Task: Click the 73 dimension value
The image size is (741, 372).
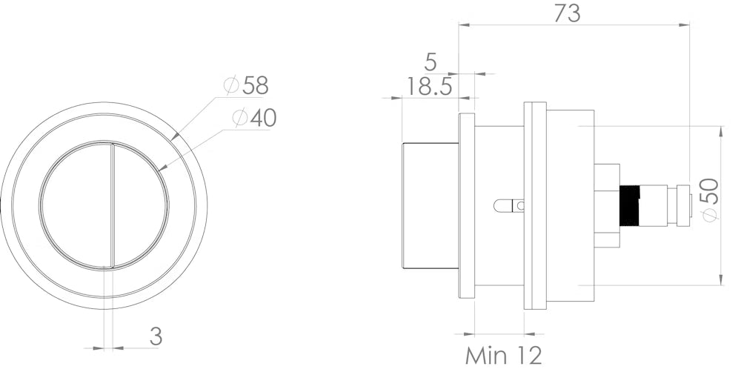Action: coord(567,13)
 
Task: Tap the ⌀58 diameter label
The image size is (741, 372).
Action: coord(246,85)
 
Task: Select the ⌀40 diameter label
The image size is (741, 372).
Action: coord(255,118)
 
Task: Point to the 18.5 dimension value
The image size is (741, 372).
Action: coord(429,87)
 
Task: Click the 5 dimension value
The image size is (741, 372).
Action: coord(431,62)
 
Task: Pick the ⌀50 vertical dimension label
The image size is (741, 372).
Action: coord(711,199)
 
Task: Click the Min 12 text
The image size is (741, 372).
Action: coord(504,356)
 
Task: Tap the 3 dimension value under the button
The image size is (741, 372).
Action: coord(156,336)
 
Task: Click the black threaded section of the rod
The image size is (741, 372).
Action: coord(631,205)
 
